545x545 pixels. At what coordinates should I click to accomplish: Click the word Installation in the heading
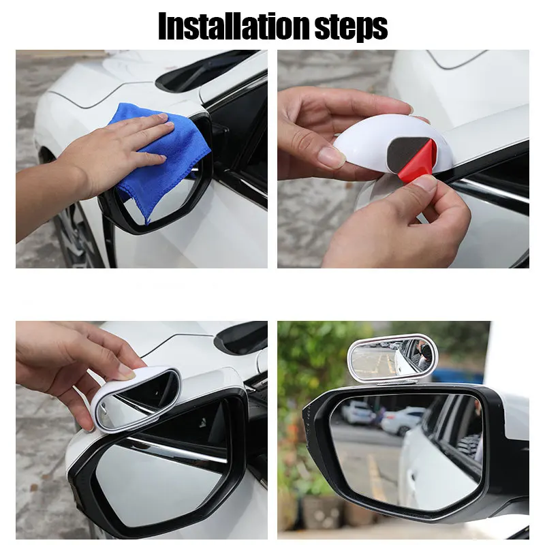click(x=234, y=27)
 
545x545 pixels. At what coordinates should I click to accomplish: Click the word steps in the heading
click(x=351, y=28)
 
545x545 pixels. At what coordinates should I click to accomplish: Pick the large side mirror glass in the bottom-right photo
click(x=407, y=452)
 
